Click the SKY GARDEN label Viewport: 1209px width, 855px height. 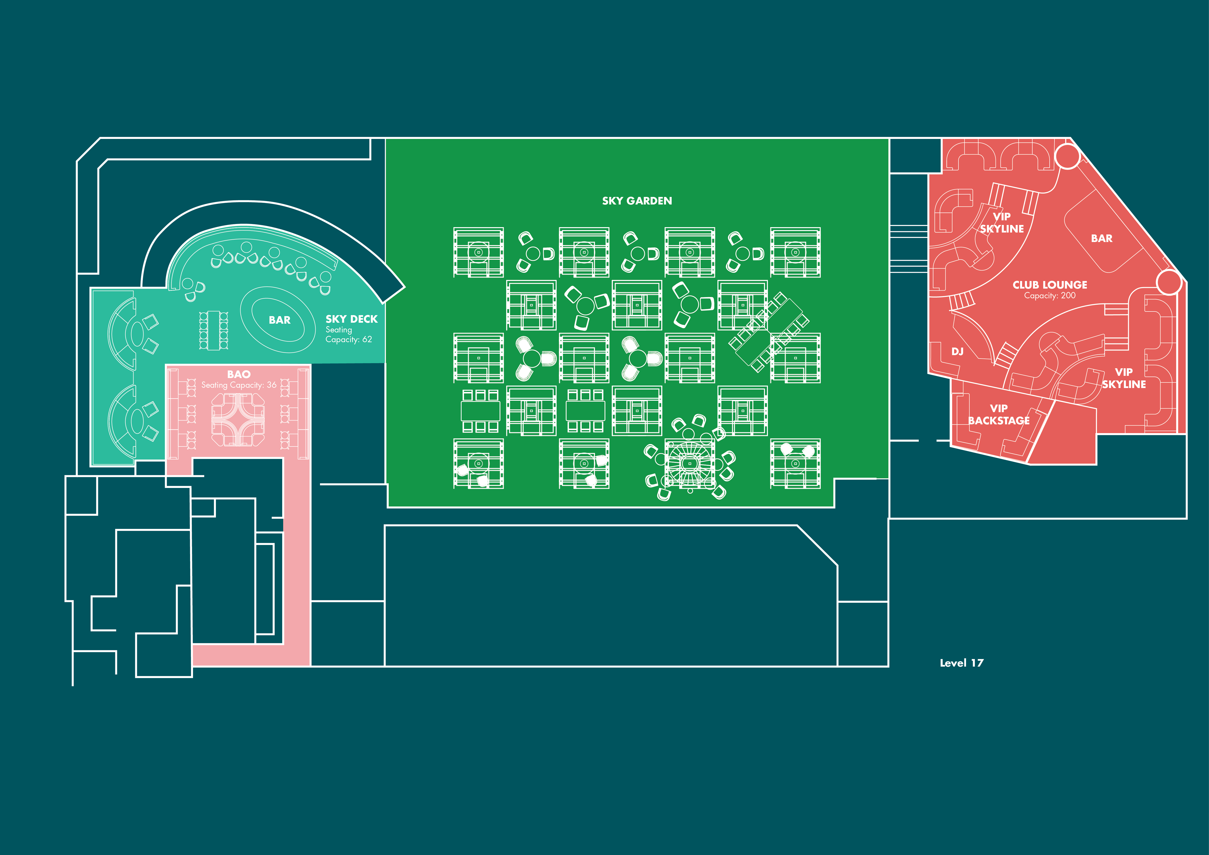tap(637, 201)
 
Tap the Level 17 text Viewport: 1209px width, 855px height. tap(961, 663)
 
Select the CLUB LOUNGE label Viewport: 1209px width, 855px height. tap(1049, 285)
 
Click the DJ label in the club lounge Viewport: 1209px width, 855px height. tap(957, 351)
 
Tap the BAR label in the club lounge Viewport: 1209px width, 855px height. tap(1102, 239)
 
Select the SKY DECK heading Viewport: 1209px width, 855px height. tap(351, 319)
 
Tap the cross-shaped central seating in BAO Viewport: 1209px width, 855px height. tap(238, 420)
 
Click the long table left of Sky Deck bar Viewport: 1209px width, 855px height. tap(213, 330)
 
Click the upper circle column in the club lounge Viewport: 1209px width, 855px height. tap(1067, 156)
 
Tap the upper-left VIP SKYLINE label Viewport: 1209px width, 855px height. tap(1002, 222)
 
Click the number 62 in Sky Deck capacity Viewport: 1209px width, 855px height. tap(367, 340)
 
